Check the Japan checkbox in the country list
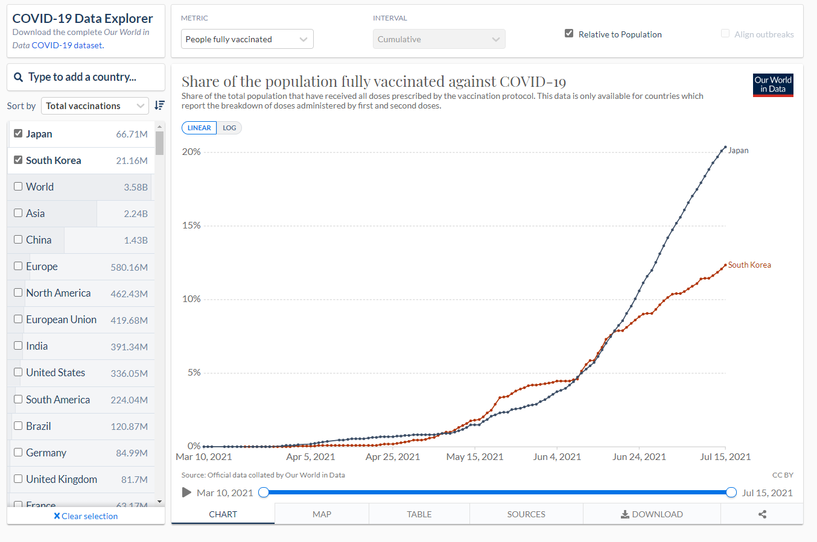[x=18, y=134]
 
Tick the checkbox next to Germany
[x=18, y=453]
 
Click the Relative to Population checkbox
[x=569, y=34]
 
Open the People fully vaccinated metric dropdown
[x=247, y=39]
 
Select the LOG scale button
[x=229, y=128]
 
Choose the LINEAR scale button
[x=199, y=128]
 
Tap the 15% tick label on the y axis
[x=191, y=225]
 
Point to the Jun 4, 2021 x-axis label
[x=556, y=457]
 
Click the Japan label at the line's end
[x=738, y=151]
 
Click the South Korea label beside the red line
[x=749, y=265]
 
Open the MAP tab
[x=322, y=514]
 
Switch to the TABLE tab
[x=419, y=514]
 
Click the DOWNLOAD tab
[x=652, y=514]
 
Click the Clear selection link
[x=86, y=516]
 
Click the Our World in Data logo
[x=773, y=85]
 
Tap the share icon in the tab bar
[x=762, y=514]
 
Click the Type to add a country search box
[x=86, y=77]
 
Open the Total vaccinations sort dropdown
[x=95, y=106]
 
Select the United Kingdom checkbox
[x=18, y=479]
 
